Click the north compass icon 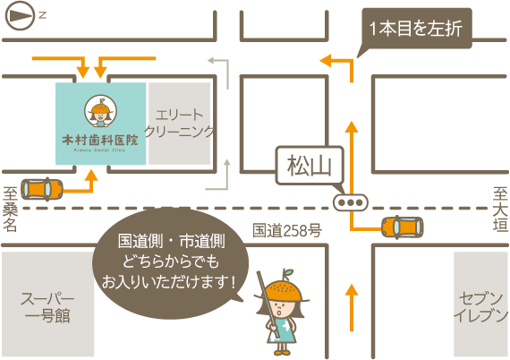tap(21, 14)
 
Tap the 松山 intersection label tap(309, 165)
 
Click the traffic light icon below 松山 tap(350, 203)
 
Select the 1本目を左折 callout tap(415, 28)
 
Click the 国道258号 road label tap(287, 230)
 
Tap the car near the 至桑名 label tap(42, 189)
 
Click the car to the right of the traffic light tap(402, 227)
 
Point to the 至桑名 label tap(10, 209)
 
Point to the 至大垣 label tap(500, 209)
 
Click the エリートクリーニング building tap(180, 124)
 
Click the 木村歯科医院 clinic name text tap(100, 141)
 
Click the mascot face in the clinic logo tap(100, 112)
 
